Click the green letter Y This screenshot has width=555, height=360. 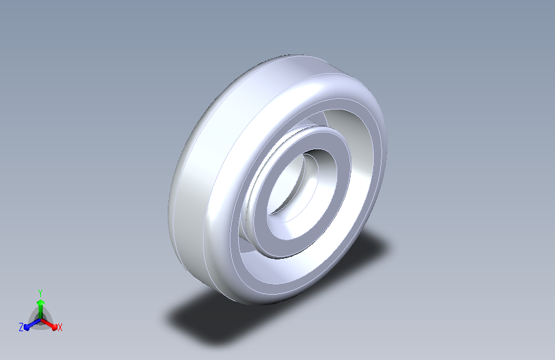click(40, 293)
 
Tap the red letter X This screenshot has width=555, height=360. click(60, 327)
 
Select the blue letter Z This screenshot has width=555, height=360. click(21, 327)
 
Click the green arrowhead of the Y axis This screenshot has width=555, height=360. click(41, 303)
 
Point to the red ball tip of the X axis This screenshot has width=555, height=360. click(54, 327)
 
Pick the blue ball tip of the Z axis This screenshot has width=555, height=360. click(27, 327)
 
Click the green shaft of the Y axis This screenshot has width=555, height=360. click(41, 312)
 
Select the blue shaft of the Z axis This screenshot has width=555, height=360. click(35, 323)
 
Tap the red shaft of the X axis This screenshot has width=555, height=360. click(47, 323)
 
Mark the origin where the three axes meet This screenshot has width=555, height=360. click(41, 320)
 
